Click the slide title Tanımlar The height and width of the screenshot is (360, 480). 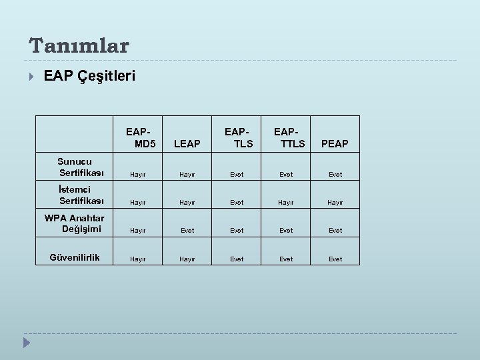pos(79,45)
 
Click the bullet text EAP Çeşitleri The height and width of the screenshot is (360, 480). pos(89,76)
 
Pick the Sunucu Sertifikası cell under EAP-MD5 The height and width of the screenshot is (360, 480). pos(138,175)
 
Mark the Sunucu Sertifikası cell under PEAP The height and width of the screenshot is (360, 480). pos(335,175)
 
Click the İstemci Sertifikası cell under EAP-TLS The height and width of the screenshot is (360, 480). pos(237,203)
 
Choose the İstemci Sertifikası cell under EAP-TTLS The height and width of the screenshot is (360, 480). pos(286,203)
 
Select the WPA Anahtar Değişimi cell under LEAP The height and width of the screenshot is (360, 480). pos(187,231)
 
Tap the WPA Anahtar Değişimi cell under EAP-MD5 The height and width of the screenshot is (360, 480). pos(138,231)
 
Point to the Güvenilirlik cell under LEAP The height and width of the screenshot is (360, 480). pos(187,259)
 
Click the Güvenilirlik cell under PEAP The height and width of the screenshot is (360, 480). pos(335,259)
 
